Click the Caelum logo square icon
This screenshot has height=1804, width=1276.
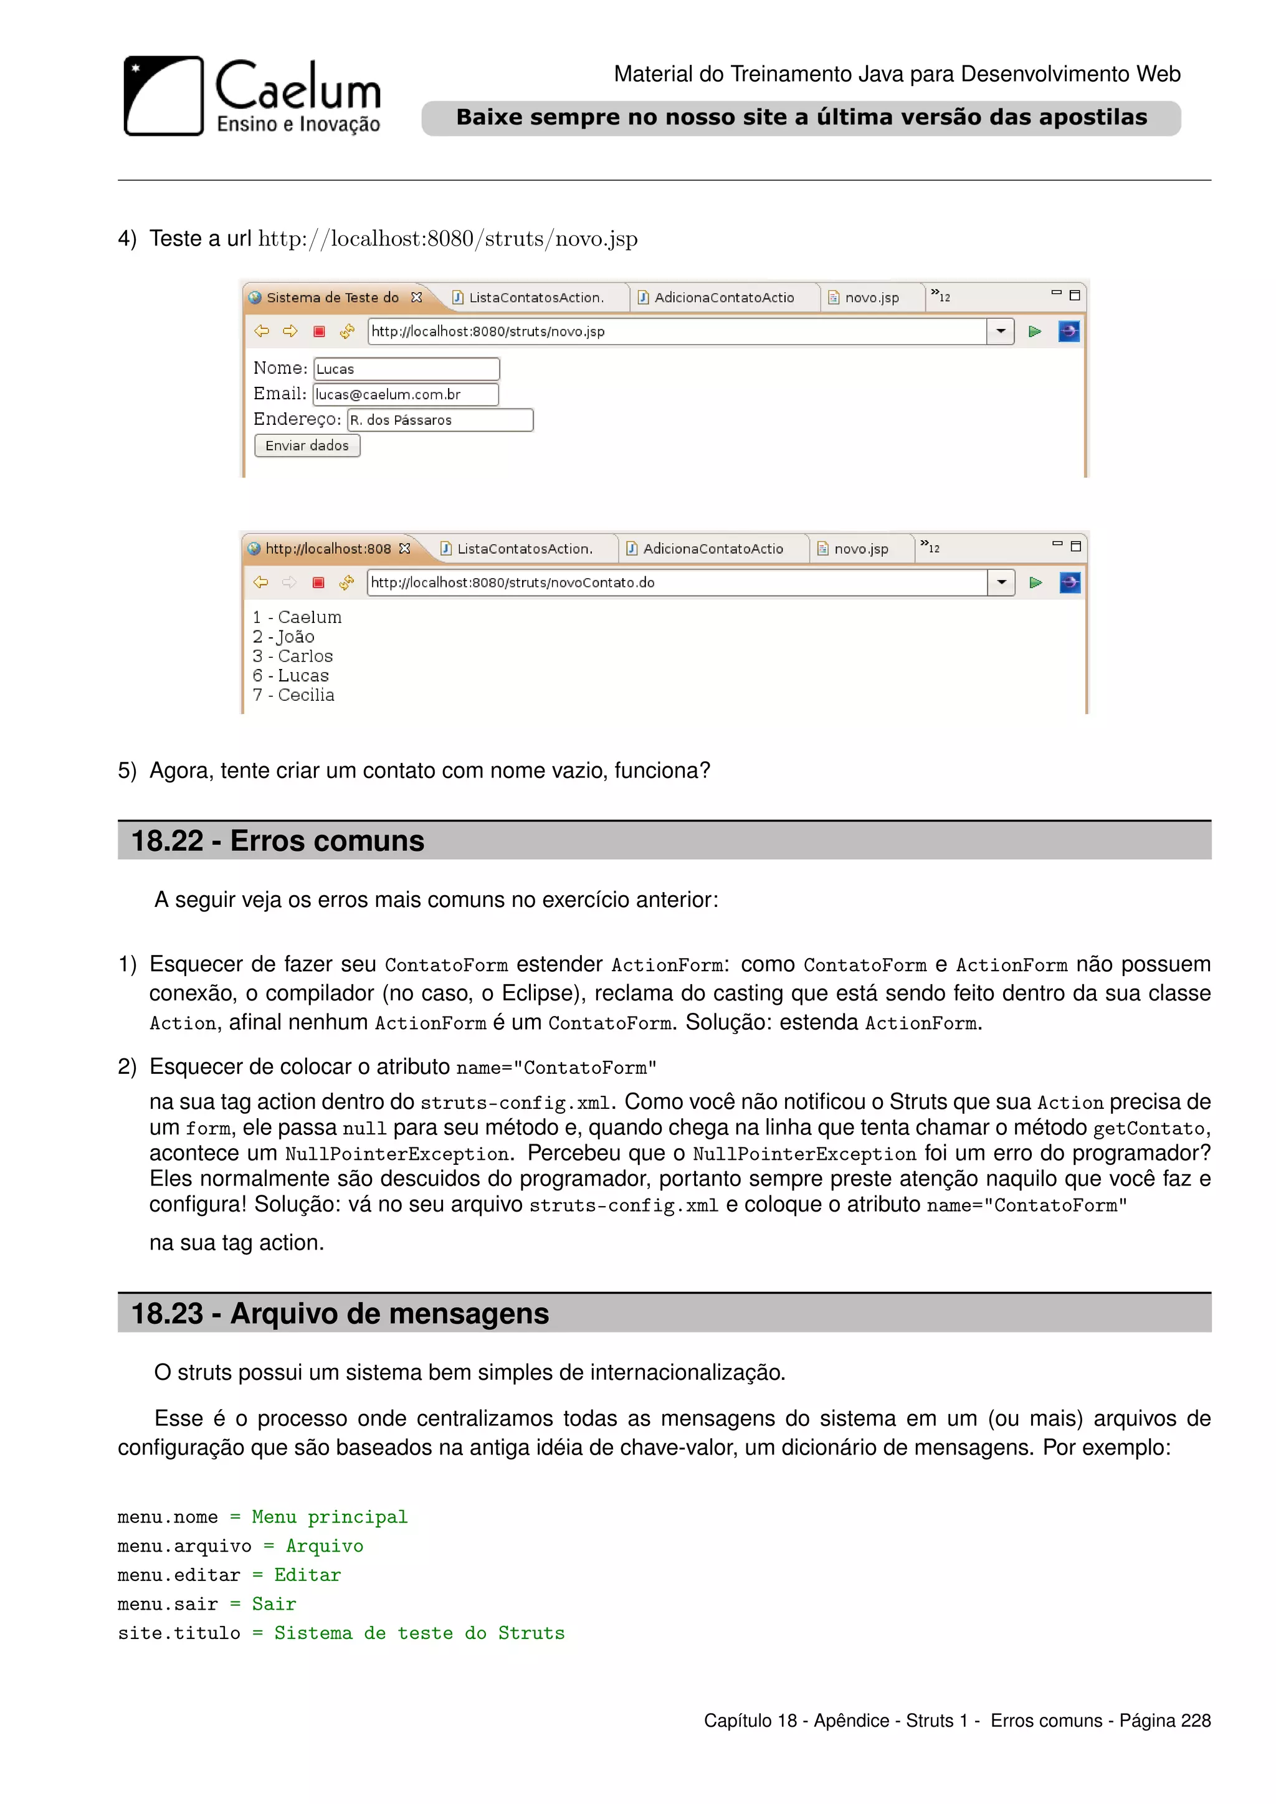point(163,96)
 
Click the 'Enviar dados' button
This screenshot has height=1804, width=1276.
point(307,445)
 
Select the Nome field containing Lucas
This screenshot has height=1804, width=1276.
point(406,369)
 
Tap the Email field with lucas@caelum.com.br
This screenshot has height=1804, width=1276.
point(406,394)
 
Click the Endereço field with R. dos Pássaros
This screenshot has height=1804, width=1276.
point(439,420)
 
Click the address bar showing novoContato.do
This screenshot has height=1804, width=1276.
point(676,582)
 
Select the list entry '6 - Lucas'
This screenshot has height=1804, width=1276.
point(291,676)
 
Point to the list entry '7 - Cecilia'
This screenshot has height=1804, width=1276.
point(294,695)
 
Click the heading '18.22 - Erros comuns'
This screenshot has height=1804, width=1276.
point(277,841)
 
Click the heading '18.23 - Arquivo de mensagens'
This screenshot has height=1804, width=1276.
point(340,1314)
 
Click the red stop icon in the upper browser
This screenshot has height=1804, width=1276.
point(319,331)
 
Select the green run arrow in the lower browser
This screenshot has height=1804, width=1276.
point(1036,582)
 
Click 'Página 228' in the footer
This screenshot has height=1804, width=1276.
point(1164,1721)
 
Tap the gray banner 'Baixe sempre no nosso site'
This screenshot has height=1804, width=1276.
point(801,118)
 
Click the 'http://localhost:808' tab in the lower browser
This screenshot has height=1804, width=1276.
point(328,548)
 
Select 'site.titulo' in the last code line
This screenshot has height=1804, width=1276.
point(179,1633)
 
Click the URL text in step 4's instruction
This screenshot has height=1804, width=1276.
point(447,239)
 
